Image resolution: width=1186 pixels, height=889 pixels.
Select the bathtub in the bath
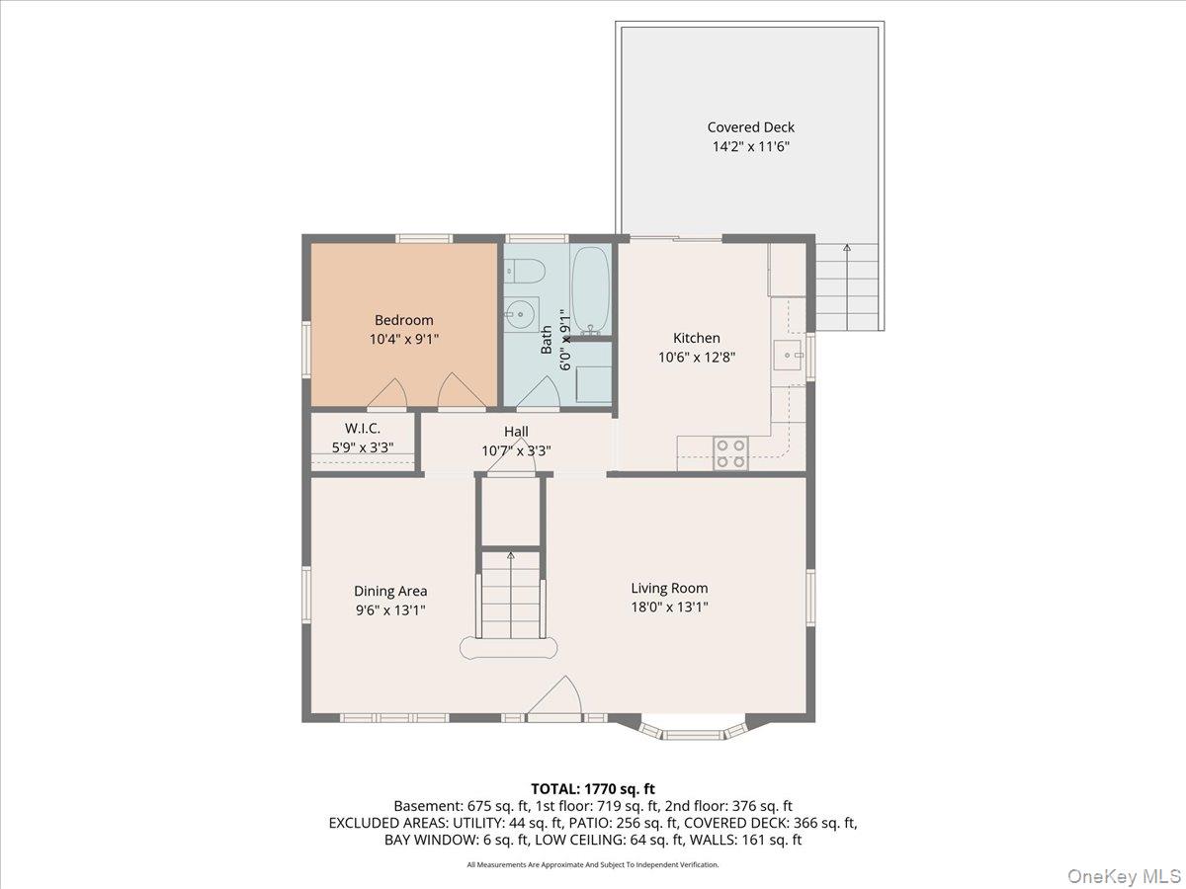coord(591,288)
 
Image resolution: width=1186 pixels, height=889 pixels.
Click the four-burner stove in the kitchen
coord(730,453)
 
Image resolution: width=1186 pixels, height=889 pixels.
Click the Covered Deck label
coord(750,127)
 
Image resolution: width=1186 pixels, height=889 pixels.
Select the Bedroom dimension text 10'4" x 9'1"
coord(403,339)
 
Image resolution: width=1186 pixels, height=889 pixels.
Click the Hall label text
coord(516,432)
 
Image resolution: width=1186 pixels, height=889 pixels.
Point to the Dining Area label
coord(390,591)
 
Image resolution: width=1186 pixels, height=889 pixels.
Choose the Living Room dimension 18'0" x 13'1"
coord(669,607)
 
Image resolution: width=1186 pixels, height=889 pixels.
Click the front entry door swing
coord(558,696)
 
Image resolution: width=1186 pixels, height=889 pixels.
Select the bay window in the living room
coord(691,732)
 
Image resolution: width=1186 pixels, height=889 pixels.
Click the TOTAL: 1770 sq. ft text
coord(593,788)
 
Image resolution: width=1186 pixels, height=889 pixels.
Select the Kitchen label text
coord(697,338)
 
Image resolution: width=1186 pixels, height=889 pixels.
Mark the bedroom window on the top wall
coord(424,238)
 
